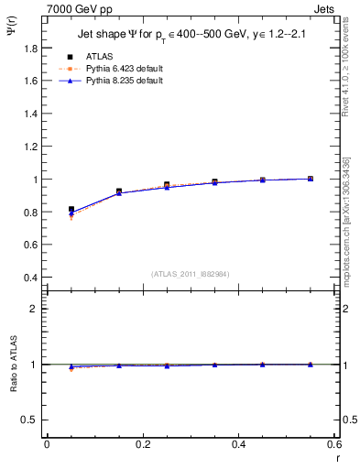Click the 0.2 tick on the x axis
coord(142,444)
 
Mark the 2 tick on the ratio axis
coord(34,309)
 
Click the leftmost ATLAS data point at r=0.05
coord(71,210)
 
